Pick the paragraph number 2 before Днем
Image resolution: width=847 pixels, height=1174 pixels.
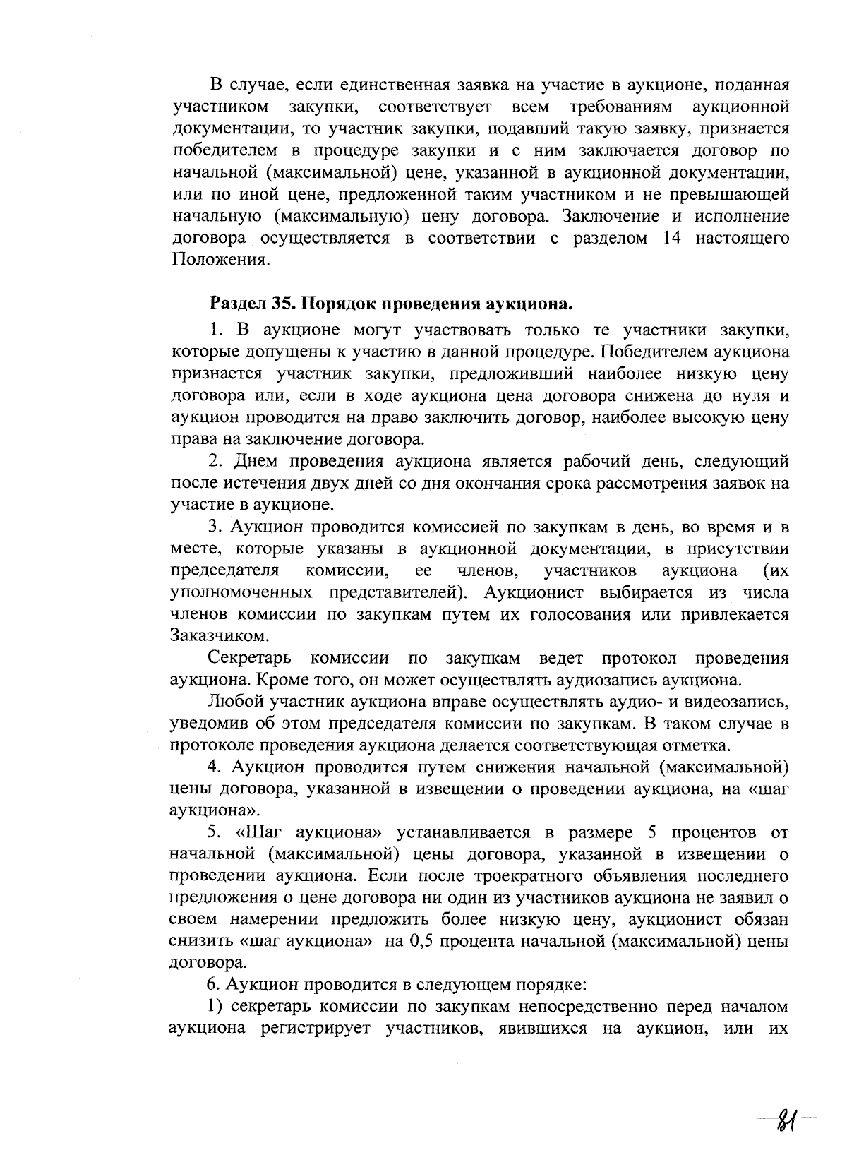pyautogui.click(x=217, y=462)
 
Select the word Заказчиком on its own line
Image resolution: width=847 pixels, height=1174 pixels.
pyautogui.click(x=210, y=635)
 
